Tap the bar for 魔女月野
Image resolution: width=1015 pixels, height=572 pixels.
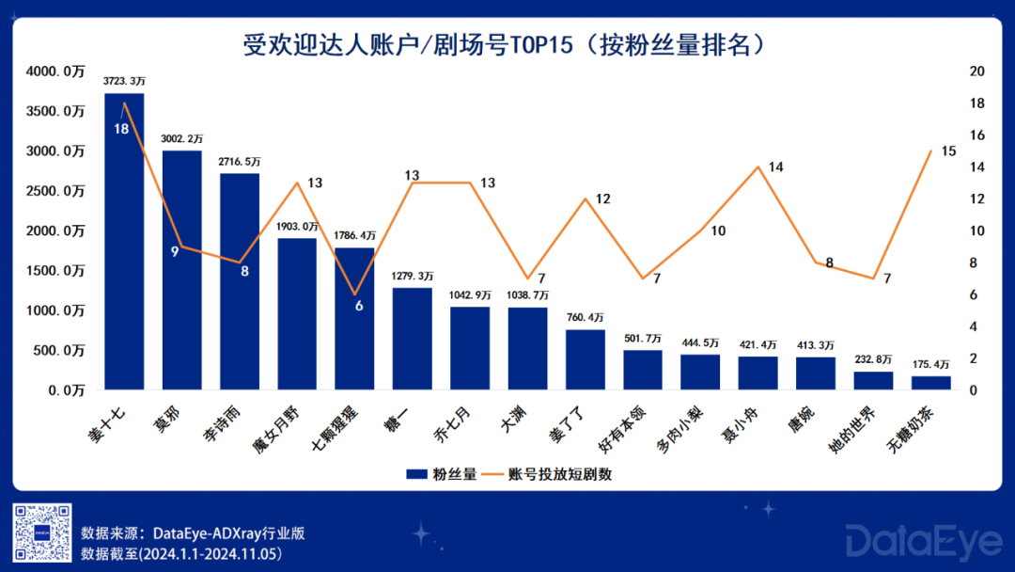[x=297, y=313]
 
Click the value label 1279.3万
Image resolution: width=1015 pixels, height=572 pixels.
[x=413, y=277]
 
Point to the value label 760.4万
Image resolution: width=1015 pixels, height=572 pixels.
[x=586, y=318]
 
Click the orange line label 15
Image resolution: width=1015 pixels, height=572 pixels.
[x=948, y=151]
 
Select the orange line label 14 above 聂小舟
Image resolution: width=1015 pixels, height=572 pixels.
[x=775, y=167]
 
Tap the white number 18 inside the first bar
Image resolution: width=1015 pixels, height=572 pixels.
[x=121, y=129]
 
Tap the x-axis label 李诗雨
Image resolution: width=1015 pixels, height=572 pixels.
[x=239, y=423]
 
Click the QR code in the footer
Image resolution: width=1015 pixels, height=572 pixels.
[x=41, y=532]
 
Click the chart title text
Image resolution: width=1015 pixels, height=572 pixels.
[x=508, y=44]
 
